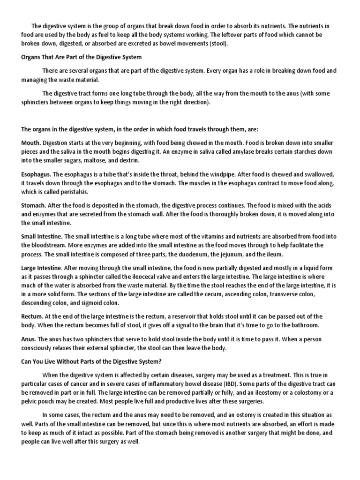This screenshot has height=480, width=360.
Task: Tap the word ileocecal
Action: pyautogui.click(x=134, y=277)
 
